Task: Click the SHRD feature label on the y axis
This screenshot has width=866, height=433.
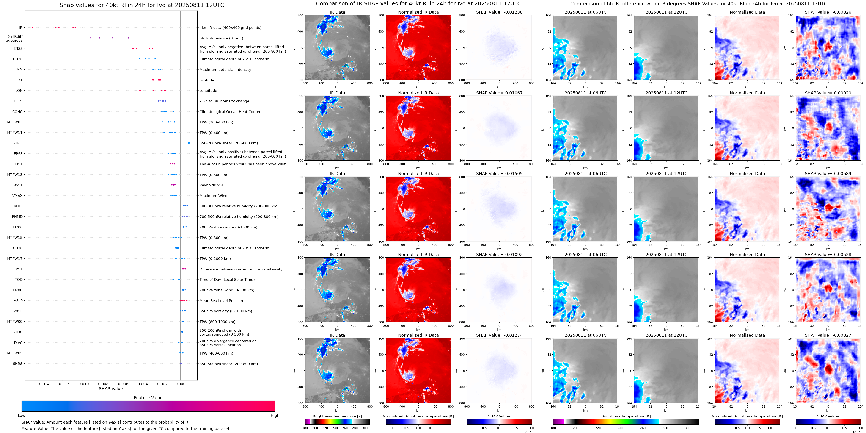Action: tap(17, 143)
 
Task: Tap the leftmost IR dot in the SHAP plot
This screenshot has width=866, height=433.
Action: tap(33, 27)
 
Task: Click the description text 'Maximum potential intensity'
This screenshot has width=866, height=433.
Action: tap(225, 70)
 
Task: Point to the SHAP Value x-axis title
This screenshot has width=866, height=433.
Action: tap(111, 389)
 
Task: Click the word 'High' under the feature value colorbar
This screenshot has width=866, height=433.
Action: tap(275, 416)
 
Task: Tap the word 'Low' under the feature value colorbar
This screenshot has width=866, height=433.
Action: tap(22, 416)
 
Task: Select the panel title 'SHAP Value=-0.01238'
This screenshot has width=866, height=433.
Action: tap(499, 12)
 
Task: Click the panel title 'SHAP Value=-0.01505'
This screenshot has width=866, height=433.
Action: tap(499, 174)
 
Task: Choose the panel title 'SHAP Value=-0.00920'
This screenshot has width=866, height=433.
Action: tap(828, 93)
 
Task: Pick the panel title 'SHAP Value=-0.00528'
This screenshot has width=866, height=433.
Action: tap(828, 255)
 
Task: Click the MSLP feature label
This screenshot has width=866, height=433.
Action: tap(18, 301)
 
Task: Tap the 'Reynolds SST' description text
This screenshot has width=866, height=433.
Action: tap(211, 185)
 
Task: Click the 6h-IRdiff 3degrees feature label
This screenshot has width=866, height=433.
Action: tap(15, 38)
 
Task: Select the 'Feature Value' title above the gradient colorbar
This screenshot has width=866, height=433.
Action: tap(148, 398)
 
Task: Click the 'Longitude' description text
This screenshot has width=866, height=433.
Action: tap(208, 91)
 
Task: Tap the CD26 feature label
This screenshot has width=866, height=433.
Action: tap(18, 59)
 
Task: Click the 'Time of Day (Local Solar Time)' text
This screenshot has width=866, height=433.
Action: tap(227, 280)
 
